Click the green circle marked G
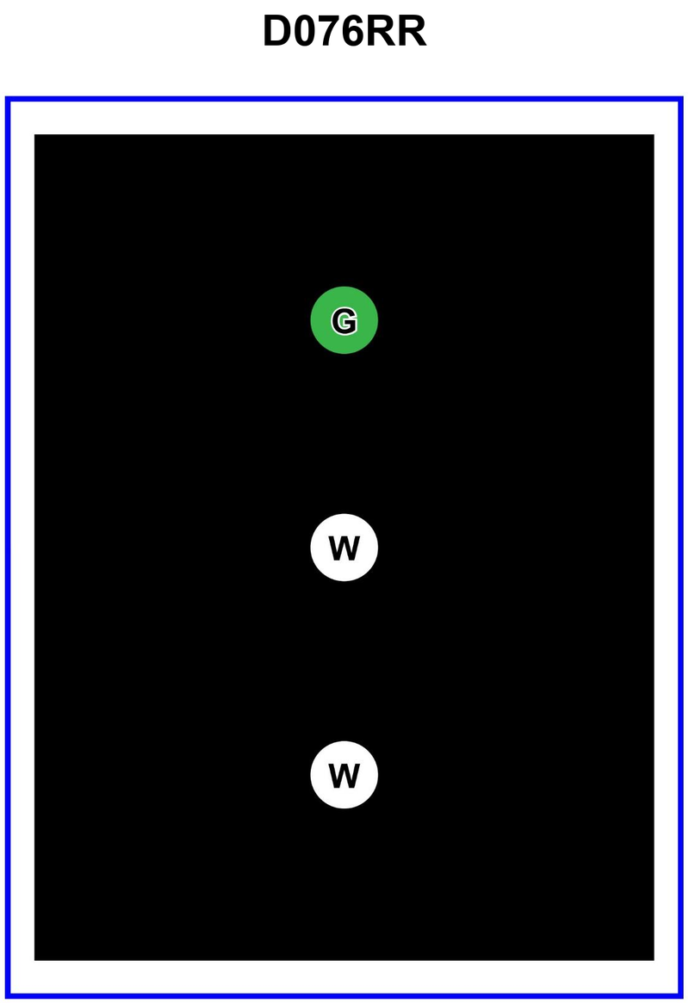click(x=344, y=319)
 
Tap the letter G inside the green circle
click(x=344, y=320)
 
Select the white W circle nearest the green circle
click(x=344, y=548)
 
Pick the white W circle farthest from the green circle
click(x=344, y=775)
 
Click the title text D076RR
click(x=344, y=31)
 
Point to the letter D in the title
click(x=276, y=31)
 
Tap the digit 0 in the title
click(x=306, y=31)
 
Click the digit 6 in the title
click(x=357, y=31)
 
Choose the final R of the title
click(x=413, y=31)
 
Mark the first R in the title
click(x=386, y=31)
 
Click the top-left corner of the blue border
click(x=6, y=98)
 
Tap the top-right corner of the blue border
click(x=682, y=98)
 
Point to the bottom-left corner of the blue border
click(x=6, y=996)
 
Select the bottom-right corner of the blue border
click(x=682, y=996)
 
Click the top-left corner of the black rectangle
click(x=34, y=134)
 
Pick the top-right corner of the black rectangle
click(x=654, y=134)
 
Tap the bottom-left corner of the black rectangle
click(x=34, y=960)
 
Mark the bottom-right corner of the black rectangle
click(x=654, y=960)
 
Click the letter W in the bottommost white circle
click(x=344, y=775)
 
